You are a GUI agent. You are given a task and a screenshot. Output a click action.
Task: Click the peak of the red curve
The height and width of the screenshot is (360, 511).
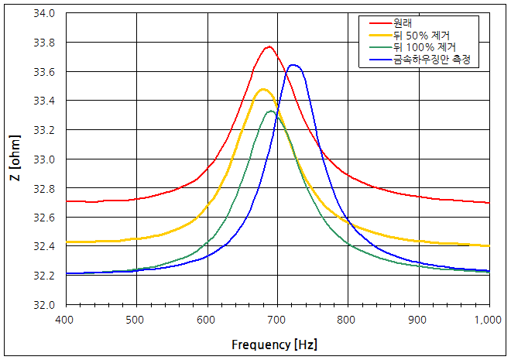(269, 46)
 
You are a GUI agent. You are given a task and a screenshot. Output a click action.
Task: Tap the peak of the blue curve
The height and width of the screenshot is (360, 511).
(293, 65)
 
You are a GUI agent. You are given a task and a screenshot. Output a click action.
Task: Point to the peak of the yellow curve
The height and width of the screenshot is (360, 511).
(263, 89)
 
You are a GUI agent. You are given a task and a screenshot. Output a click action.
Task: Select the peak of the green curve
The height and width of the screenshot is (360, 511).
(271, 111)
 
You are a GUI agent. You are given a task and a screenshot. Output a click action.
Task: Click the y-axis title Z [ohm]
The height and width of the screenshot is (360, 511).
(15, 159)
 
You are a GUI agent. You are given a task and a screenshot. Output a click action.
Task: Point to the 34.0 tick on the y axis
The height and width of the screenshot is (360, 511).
(45, 13)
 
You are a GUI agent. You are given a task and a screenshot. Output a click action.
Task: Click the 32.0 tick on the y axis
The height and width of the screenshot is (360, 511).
(45, 304)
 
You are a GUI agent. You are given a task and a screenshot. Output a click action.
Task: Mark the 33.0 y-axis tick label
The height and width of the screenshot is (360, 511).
(45, 159)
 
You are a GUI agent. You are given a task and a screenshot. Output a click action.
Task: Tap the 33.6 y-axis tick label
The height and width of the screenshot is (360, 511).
(45, 71)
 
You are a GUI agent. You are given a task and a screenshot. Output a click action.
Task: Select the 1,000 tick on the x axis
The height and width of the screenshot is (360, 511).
(489, 318)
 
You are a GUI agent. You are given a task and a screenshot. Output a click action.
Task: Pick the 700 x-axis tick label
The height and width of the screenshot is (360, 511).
(277, 318)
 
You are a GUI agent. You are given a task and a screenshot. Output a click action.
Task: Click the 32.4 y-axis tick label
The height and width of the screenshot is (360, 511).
(45, 246)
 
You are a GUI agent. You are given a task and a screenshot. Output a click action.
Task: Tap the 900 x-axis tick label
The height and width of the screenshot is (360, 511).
(418, 318)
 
